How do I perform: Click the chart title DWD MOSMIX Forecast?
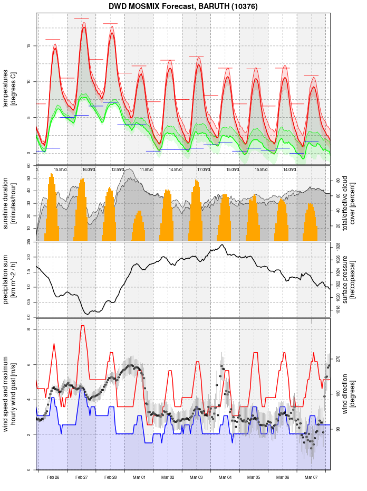[183, 7]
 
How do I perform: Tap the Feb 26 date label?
[53, 477]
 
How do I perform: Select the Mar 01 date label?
[139, 477]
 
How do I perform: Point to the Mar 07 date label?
[311, 477]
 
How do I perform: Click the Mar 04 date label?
[225, 477]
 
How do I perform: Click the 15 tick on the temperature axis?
[28, 45]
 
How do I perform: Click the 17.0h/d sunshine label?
[204, 169]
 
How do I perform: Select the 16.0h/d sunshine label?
[89, 169]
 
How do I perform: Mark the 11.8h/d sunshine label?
[146, 169]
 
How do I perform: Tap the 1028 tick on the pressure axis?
[337, 247]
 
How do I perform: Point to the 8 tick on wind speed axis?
[28, 330]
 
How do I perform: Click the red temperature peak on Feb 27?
[83, 28]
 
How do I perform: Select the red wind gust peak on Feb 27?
[82, 326]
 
